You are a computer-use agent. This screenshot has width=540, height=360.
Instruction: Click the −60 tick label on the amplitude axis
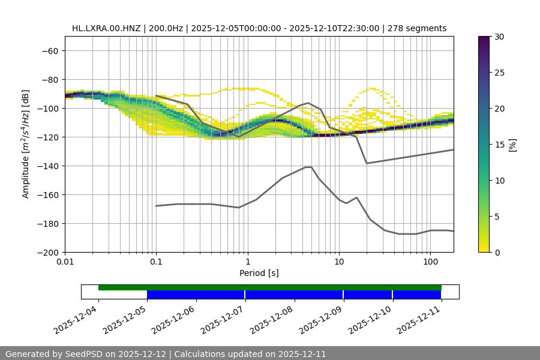pyautogui.click(x=49, y=50)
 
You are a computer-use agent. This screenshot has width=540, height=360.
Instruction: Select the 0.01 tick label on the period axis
pyautogui.click(x=65, y=262)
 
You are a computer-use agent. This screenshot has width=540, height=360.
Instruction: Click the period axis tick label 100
pyautogui.click(x=430, y=262)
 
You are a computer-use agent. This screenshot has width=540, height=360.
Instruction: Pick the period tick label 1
pyautogui.click(x=247, y=262)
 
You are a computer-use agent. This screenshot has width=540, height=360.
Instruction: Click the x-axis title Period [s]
pyautogui.click(x=259, y=273)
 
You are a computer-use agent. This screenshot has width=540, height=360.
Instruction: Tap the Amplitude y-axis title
pyautogui.click(x=26, y=144)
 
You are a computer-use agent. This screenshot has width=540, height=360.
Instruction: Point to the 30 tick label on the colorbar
pyautogui.click(x=499, y=37)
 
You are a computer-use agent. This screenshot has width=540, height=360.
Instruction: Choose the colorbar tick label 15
pyautogui.click(x=499, y=145)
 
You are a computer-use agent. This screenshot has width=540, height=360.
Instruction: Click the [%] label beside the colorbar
pyautogui.click(x=512, y=145)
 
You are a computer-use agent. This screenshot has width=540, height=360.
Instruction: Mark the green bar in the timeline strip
pyautogui.click(x=270, y=287)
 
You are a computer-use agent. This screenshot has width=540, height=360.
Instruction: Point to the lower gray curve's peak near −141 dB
pyautogui.click(x=308, y=167)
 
